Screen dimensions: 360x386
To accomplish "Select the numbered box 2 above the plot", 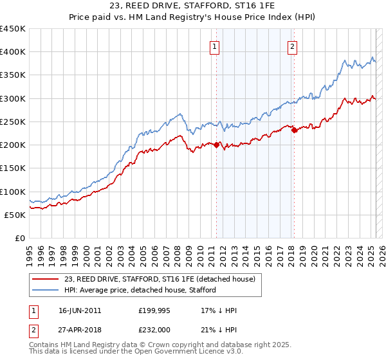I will click(x=292, y=46).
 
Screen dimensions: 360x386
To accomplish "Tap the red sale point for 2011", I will click(x=217, y=145).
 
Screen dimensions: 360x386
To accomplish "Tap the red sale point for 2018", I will click(x=295, y=130).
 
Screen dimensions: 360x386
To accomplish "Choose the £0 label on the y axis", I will click(x=19, y=239).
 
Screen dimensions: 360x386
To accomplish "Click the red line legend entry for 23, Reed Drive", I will click(x=154, y=279).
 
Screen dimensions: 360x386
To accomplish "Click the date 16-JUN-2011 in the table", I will click(x=80, y=310).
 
